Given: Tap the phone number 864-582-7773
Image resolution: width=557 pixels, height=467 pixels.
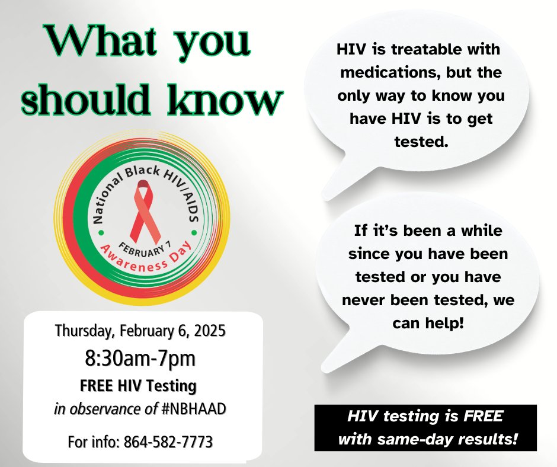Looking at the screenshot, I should click(x=169, y=442).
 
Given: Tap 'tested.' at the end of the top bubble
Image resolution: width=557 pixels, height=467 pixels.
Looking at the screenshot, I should click(x=420, y=141).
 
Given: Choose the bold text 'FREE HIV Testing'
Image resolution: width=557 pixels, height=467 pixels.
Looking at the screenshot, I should click(x=138, y=386).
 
